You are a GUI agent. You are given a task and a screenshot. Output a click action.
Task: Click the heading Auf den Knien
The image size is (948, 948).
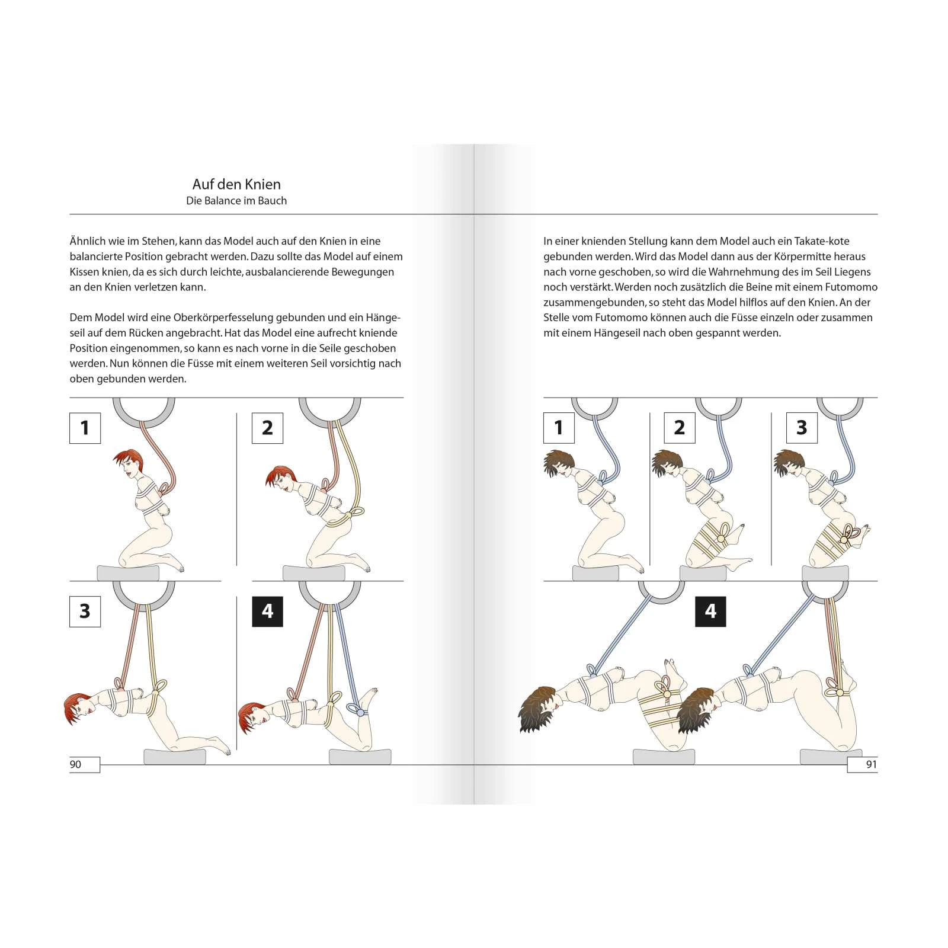(236, 184)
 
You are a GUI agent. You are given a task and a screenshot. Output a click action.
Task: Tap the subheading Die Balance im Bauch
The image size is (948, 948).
(236, 201)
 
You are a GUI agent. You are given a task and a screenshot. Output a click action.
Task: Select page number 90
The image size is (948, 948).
(76, 764)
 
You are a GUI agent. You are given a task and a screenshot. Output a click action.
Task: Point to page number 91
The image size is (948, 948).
(871, 764)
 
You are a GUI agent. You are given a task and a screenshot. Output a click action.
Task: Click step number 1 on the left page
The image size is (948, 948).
(85, 428)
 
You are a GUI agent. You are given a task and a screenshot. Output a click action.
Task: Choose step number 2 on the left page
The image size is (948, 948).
(267, 428)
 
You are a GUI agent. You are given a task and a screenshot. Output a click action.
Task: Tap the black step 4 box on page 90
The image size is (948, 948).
(267, 611)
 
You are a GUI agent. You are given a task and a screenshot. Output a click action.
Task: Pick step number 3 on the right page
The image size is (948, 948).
(802, 428)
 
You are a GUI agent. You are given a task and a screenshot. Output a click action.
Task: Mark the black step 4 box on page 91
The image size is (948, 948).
(710, 611)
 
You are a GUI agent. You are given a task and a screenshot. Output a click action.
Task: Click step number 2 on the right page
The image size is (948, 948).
(680, 428)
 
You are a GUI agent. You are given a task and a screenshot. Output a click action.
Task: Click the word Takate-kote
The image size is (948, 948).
(822, 241)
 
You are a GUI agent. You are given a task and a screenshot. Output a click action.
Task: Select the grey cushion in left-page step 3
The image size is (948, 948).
(175, 757)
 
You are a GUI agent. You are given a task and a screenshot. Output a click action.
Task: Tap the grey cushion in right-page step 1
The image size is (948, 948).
(595, 573)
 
